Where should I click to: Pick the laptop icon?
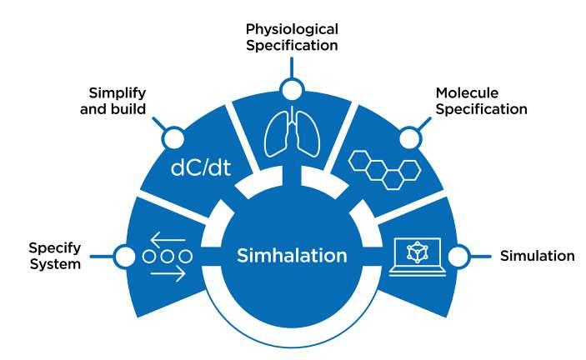click(420, 256)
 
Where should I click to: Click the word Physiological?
click(292, 28)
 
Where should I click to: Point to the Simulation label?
click(537, 256)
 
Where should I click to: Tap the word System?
click(55, 264)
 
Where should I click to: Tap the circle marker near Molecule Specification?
click(409, 136)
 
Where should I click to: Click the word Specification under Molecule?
click(481, 109)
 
